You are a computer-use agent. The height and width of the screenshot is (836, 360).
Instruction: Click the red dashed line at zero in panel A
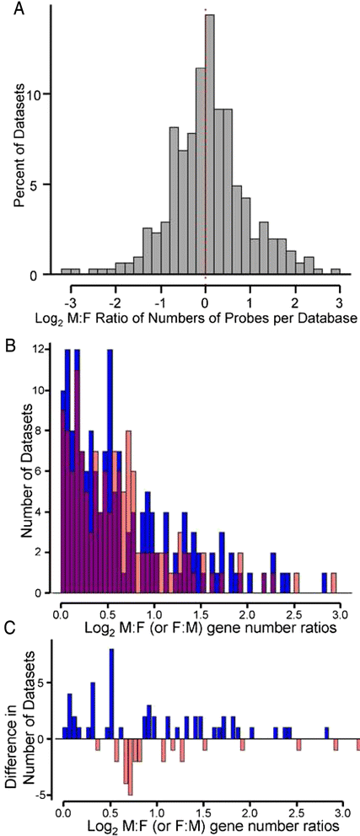pyautogui.click(x=205, y=211)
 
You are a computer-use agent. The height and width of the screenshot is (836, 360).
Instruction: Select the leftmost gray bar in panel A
pyautogui.click(x=65, y=272)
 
